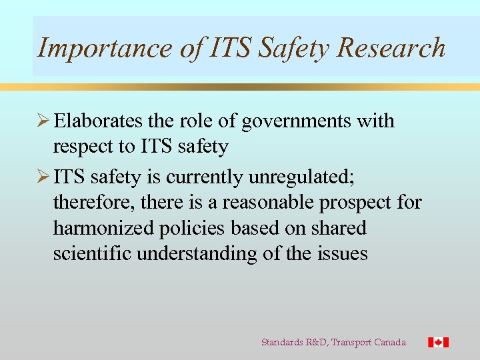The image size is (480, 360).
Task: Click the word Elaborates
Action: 98,121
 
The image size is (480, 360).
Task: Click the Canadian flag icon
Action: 438,342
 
